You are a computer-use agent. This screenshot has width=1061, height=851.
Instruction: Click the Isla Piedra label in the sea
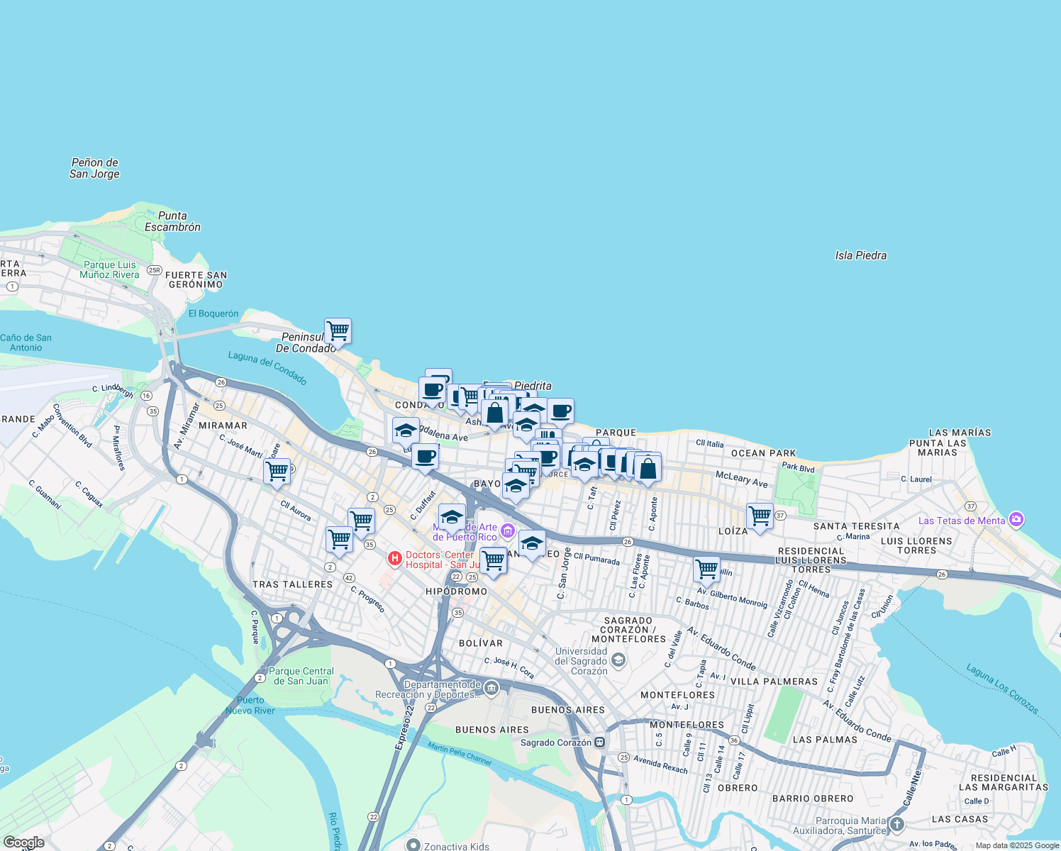coord(860,255)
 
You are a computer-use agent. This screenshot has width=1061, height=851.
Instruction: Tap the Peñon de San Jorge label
coord(94,168)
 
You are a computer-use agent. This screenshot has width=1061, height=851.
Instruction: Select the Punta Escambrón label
coord(172,221)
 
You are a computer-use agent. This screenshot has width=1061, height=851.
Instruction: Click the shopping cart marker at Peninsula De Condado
coord(338,330)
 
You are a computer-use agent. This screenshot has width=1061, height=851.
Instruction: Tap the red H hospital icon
coord(395,560)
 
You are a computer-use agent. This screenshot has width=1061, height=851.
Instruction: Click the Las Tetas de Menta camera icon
coord(1016,520)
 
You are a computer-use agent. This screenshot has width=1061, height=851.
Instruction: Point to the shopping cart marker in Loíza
coord(760,516)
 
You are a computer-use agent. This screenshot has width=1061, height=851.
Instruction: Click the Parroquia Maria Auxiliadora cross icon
coord(897,824)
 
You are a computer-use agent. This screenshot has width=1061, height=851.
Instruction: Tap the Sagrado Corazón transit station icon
coord(600,742)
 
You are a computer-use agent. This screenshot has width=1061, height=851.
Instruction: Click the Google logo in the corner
coord(23,842)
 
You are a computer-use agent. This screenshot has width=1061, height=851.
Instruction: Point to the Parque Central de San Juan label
coord(301,676)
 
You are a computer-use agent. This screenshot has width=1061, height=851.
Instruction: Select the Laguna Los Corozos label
coord(1002,689)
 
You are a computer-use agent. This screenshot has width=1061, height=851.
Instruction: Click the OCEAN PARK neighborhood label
coord(763,453)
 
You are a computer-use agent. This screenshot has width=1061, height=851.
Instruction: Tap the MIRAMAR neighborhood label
coord(223,425)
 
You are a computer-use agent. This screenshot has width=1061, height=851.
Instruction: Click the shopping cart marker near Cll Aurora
coord(277,471)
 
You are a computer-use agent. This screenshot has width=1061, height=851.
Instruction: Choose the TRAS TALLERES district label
coord(292,584)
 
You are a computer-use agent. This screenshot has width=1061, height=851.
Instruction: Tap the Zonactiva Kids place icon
coord(413,845)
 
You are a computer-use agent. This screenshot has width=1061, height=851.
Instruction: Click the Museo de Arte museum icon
coord(507,531)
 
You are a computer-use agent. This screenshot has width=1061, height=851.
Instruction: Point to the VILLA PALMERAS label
coord(774,682)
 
